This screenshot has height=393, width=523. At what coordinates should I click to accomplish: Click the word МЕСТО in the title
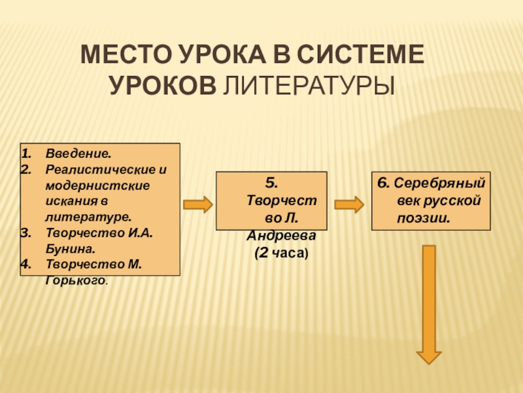point(125,55)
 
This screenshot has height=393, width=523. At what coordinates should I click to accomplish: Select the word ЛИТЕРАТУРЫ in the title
point(309,85)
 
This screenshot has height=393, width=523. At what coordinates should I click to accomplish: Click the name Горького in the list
point(74,280)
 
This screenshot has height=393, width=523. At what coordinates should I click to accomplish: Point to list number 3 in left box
point(25,233)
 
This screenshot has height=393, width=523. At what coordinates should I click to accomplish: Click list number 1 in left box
point(25,154)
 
